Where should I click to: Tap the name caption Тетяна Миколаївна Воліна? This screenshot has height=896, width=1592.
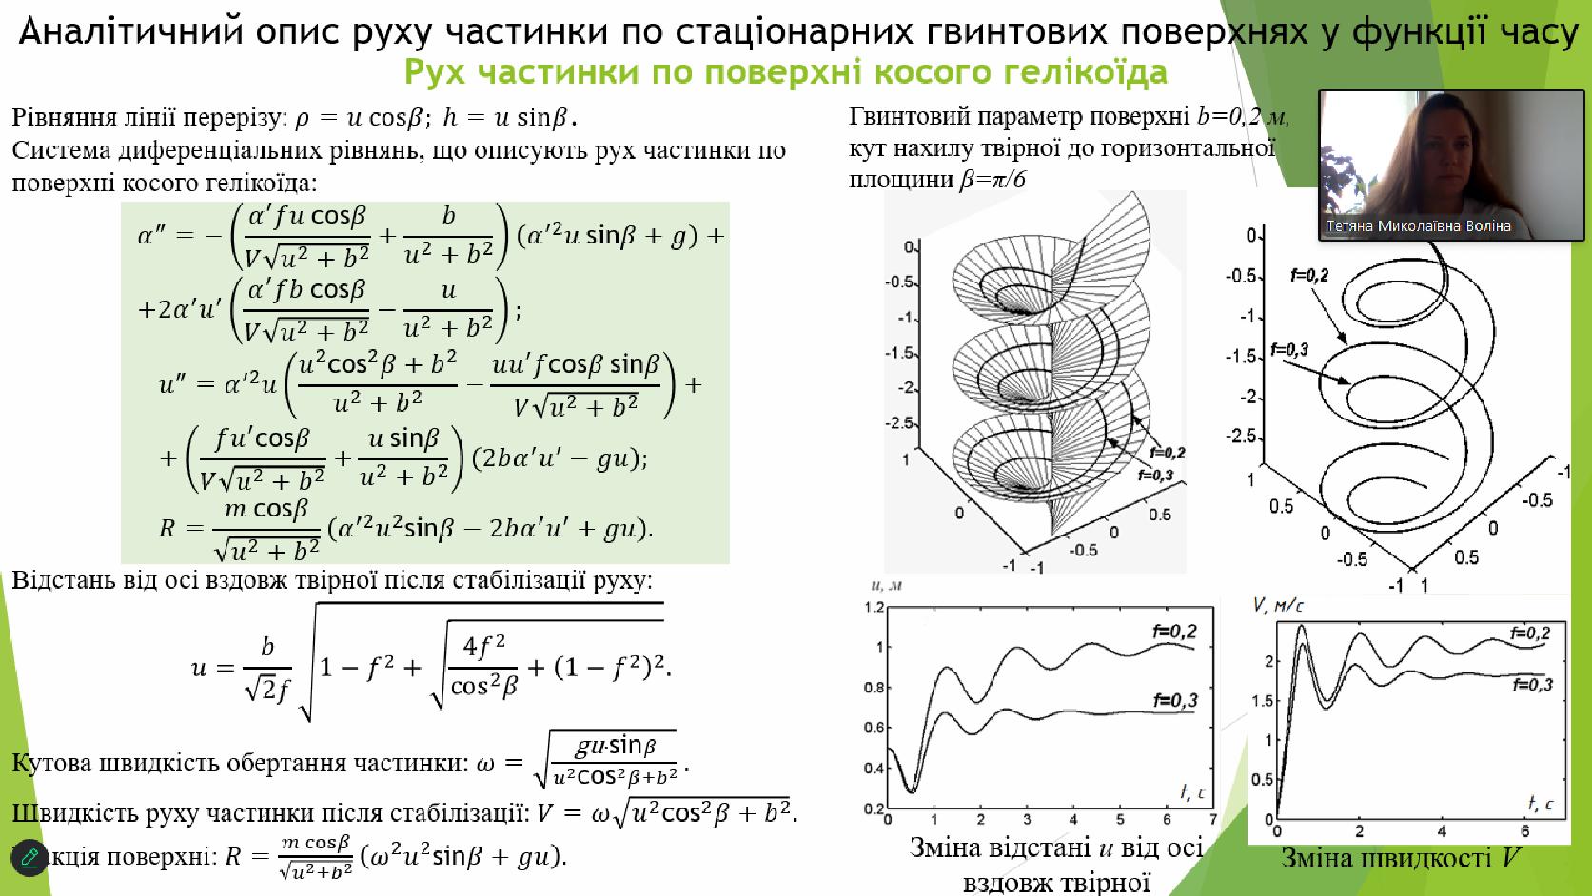1418,226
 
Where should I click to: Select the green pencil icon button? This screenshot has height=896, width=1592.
29,858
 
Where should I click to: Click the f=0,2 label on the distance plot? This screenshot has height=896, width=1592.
1174,631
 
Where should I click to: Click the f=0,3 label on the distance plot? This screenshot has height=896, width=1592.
1175,701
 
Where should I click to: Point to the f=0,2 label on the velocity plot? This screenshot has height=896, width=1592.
1529,633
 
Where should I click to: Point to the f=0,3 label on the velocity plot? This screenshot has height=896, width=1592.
1532,684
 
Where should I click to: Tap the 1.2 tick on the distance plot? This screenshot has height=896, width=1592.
874,608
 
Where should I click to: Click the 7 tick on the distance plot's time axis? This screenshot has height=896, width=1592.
1213,819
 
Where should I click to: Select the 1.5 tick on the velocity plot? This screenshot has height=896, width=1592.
1262,701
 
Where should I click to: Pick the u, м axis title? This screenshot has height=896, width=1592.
886,586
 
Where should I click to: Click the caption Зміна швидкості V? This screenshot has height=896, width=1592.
1400,858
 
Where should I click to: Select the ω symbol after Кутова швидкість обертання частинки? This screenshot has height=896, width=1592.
485,765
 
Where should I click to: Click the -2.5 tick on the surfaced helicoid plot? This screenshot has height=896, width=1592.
898,423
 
